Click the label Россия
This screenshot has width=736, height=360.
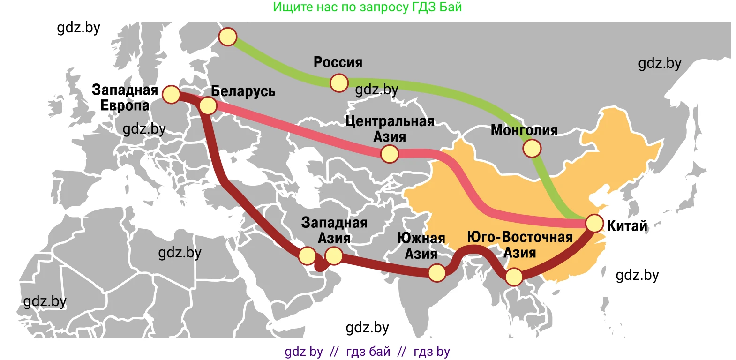338,62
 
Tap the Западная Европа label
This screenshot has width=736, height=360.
125,97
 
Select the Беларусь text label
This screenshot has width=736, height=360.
243,91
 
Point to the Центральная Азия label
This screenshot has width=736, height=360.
390,129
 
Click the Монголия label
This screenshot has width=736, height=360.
524,130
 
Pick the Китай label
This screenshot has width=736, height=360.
627,226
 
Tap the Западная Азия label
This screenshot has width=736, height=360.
334,230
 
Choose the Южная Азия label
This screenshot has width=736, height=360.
421,246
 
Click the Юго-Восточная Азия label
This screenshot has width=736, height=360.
519,245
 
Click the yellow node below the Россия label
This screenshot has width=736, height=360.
339,83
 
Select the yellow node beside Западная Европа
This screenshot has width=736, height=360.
172,94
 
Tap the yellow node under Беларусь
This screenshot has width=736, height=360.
208,105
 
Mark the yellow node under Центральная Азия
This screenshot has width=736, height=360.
390,154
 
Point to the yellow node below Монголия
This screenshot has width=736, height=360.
532,149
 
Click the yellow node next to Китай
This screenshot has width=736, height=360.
594,223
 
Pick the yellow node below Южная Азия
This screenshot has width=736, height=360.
437,273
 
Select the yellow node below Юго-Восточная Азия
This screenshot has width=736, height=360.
514,277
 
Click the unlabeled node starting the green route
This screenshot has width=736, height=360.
228,37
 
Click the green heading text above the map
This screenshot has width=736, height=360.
368,7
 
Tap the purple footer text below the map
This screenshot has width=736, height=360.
368,352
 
